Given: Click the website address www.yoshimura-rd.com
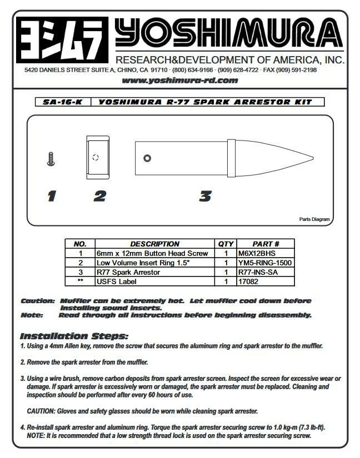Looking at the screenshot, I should [179, 80].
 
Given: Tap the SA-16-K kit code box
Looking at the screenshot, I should [58, 102].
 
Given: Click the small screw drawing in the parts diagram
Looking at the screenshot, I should [51, 159].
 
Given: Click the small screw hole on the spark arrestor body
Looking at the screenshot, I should [147, 159].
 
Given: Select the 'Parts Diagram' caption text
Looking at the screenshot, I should [314, 219].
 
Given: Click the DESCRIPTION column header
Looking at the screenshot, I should [154, 244].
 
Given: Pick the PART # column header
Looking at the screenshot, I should [265, 244].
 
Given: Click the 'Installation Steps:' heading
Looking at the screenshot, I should [74, 336].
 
